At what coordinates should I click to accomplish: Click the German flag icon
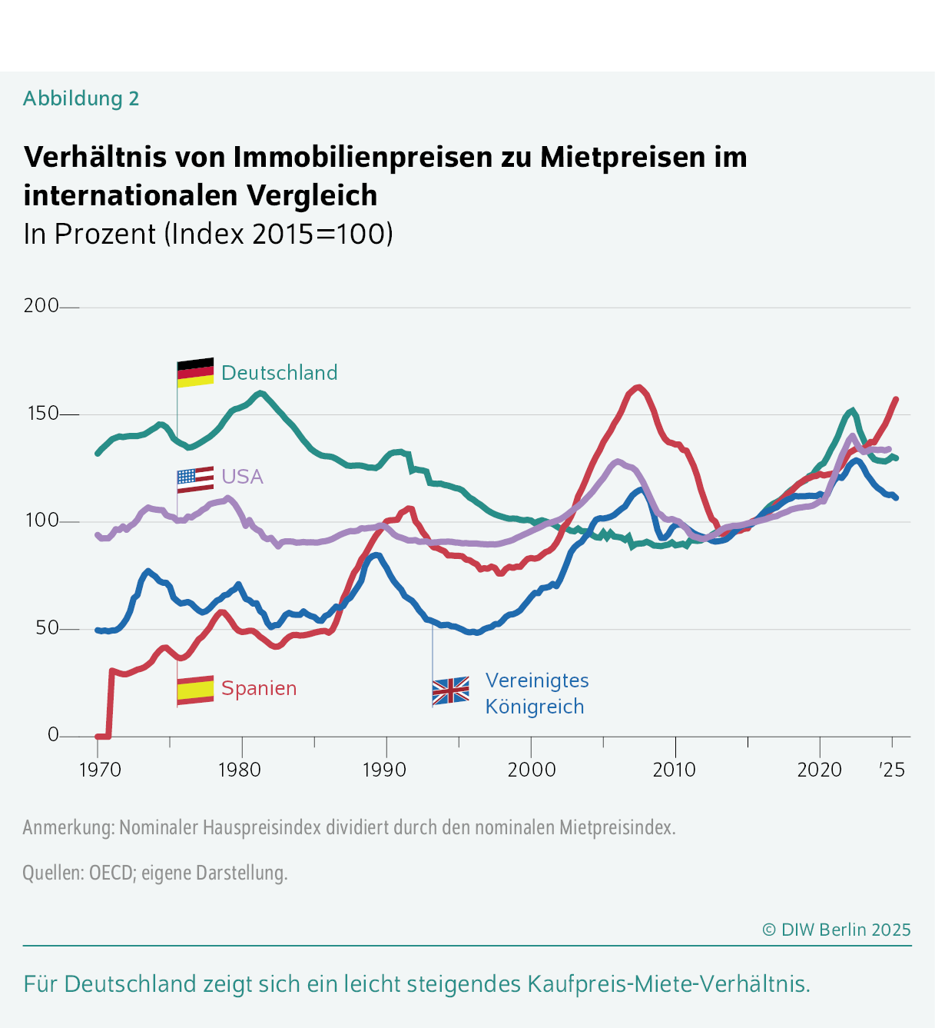click(x=195, y=373)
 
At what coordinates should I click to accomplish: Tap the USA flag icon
click(x=195, y=479)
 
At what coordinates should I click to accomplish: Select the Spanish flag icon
click(x=195, y=690)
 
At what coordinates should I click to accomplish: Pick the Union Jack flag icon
click(x=451, y=691)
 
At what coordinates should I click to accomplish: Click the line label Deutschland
click(x=279, y=373)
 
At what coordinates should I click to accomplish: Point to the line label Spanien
click(x=259, y=688)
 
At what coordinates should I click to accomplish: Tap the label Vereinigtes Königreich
click(x=536, y=694)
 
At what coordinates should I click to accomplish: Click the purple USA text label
click(x=242, y=477)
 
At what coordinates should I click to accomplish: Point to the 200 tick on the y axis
click(x=41, y=306)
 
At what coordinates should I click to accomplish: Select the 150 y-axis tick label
click(x=41, y=414)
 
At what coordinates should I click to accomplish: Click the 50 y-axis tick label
click(x=47, y=628)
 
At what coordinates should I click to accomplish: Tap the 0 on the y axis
click(x=53, y=735)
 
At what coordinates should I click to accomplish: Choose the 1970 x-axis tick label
click(x=100, y=770)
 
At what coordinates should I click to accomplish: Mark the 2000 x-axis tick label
click(x=531, y=770)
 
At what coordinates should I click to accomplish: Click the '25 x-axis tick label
click(x=892, y=770)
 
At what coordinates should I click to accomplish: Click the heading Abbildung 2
click(x=81, y=98)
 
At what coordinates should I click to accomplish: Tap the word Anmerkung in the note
click(x=68, y=828)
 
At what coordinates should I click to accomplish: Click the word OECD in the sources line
click(x=111, y=873)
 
